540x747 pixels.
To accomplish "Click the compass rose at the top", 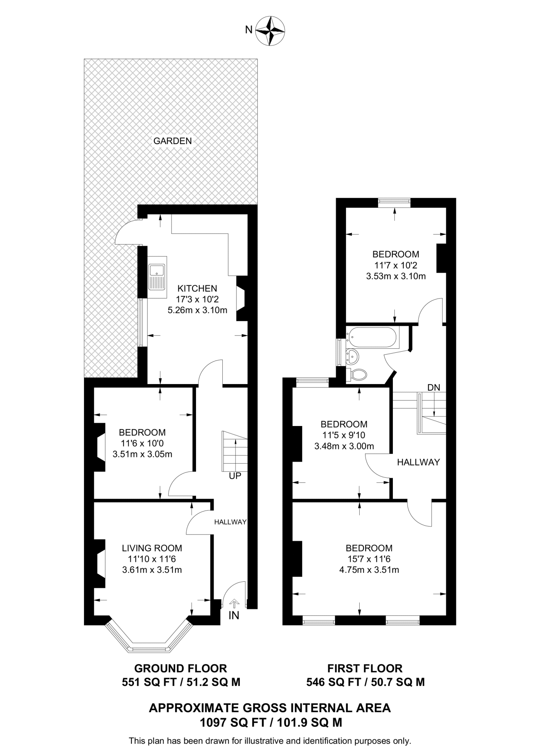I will point(270,31).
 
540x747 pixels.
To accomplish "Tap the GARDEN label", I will point(172,141).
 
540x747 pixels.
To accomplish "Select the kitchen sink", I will point(157,277).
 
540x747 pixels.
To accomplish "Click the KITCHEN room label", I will point(198,289).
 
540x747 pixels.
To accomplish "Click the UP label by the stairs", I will point(235,476).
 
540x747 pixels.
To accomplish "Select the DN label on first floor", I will point(434,388).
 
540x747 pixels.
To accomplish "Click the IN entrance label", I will point(234,616).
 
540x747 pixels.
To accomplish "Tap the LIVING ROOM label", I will point(152,548).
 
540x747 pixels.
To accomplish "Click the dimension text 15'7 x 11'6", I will point(369,559).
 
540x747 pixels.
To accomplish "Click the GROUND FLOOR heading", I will point(181,668).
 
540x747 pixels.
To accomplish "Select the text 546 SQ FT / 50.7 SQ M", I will point(365,682).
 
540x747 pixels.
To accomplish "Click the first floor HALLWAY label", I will point(418,462).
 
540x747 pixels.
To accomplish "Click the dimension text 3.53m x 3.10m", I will point(396,276).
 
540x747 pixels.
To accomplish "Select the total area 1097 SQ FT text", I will point(270,722).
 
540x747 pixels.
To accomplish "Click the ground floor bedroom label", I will point(142,433).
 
